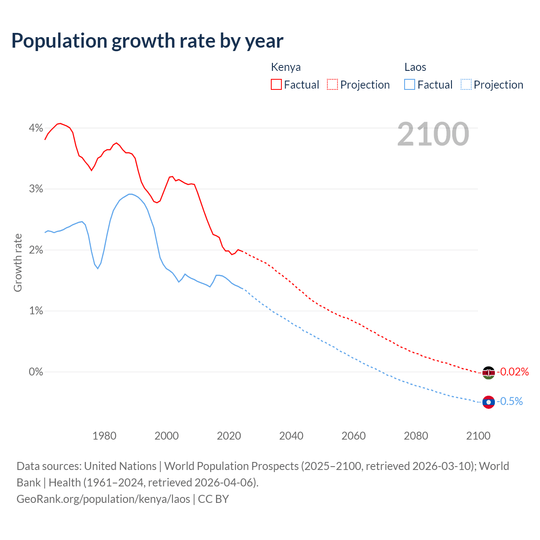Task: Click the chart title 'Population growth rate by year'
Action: tap(147, 41)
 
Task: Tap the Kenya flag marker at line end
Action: tap(489, 373)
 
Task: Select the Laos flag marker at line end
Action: tap(489, 402)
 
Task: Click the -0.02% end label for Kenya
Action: tap(513, 372)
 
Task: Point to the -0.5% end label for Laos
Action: tap(510, 401)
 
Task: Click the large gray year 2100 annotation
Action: tap(433, 134)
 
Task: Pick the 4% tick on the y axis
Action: tap(36, 128)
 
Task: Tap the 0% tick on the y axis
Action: tap(36, 372)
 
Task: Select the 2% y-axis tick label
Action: tap(36, 250)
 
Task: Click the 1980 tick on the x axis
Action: tap(104, 436)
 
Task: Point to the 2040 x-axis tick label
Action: tap(291, 436)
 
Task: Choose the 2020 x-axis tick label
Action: tap(229, 436)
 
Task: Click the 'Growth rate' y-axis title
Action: tap(18, 262)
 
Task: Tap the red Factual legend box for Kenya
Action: tap(276, 84)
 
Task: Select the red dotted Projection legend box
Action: tap(332, 84)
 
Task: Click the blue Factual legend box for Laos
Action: tap(410, 84)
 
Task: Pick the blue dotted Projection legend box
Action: tap(466, 84)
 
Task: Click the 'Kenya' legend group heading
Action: tap(286, 67)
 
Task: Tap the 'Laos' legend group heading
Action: tap(415, 67)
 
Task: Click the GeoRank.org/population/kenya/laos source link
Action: tap(103, 499)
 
